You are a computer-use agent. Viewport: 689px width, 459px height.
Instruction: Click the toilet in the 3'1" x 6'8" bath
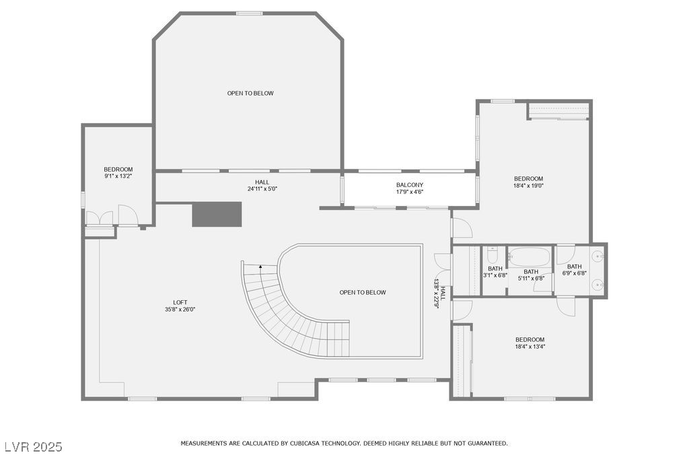[493, 256]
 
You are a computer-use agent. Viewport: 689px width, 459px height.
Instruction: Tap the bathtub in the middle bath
[530, 257]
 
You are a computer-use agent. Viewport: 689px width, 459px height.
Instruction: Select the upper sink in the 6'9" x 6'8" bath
[597, 256]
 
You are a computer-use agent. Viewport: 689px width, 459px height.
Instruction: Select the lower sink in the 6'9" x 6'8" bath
[597, 285]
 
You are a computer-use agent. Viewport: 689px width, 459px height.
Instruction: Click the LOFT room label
[180, 302]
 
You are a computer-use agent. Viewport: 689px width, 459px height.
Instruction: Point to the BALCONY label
[409, 184]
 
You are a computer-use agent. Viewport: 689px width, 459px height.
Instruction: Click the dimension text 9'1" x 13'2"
[118, 176]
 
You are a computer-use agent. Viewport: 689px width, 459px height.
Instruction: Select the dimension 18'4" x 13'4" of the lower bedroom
[530, 347]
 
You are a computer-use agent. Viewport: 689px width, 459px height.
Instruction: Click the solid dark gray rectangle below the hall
[217, 214]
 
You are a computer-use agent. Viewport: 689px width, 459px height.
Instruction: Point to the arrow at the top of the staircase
[261, 267]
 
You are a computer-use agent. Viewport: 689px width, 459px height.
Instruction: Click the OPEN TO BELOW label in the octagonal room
[250, 93]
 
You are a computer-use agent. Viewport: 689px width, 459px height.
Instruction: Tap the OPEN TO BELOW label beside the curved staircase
[363, 292]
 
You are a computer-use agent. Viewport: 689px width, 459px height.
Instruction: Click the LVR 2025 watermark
[33, 447]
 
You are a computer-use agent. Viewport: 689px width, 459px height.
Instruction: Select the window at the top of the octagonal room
[249, 13]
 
